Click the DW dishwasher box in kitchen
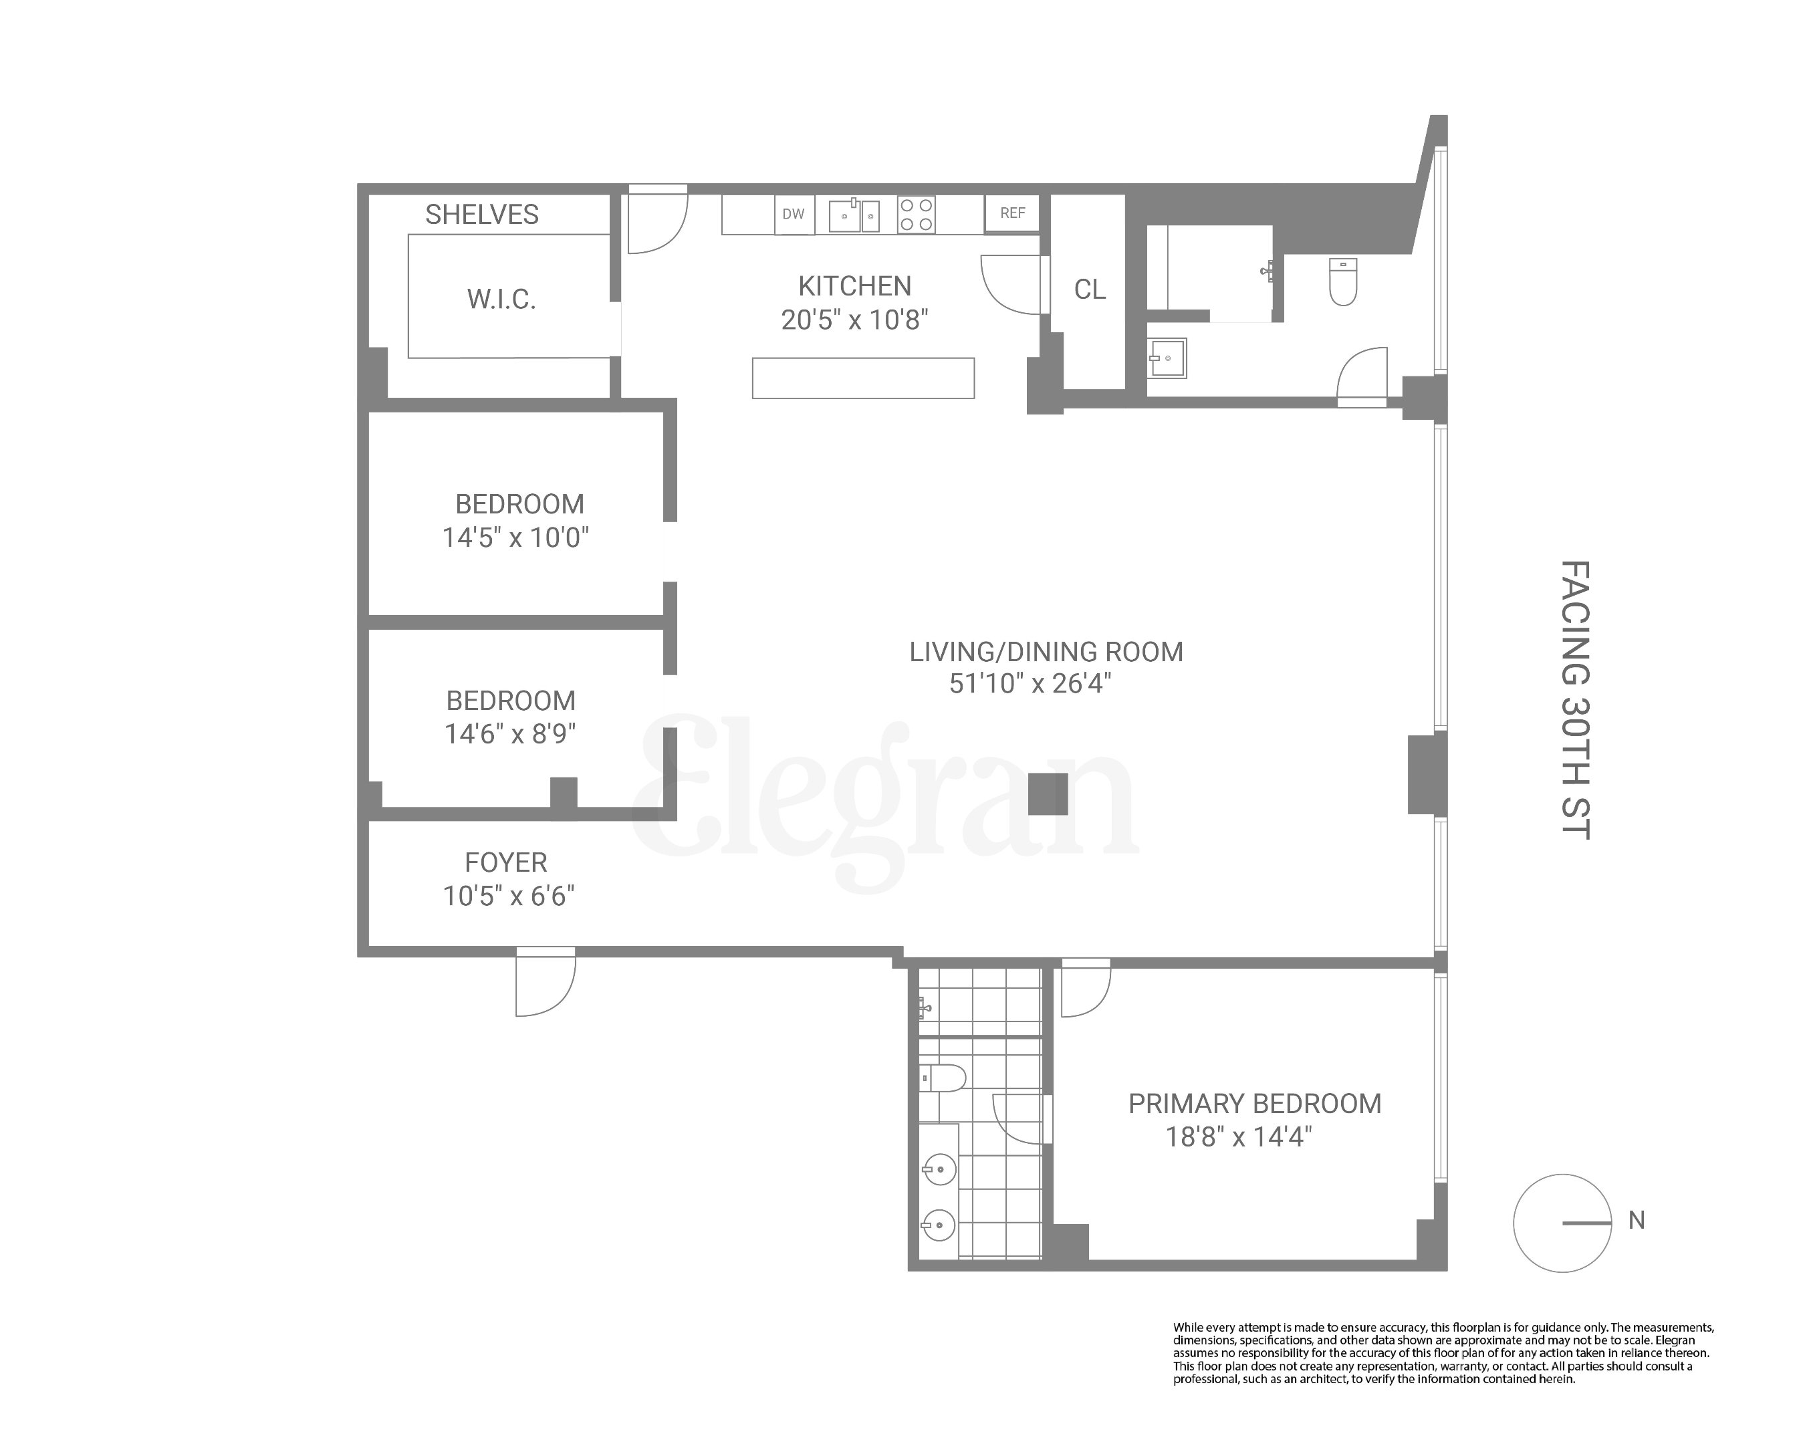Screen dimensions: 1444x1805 (793, 215)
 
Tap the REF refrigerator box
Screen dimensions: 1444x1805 (1012, 213)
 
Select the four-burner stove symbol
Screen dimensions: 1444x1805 (916, 215)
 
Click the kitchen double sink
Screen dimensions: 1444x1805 (854, 216)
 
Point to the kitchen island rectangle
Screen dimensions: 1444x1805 (863, 378)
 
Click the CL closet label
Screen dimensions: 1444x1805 (1089, 289)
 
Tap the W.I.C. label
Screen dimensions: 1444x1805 (501, 299)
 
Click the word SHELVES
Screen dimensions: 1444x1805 (481, 215)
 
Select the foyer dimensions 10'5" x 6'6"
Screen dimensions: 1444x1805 (508, 896)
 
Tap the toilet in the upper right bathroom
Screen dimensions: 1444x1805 (1343, 281)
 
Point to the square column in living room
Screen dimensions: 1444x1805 (1048, 794)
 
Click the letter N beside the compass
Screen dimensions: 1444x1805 (1636, 1221)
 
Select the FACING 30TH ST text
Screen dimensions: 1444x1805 (1575, 700)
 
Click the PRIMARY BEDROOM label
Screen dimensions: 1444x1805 (1254, 1104)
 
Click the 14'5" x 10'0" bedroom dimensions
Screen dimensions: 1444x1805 (515, 537)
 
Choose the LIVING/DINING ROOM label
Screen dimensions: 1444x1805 (1046, 652)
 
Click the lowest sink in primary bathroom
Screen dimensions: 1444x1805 (939, 1225)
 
